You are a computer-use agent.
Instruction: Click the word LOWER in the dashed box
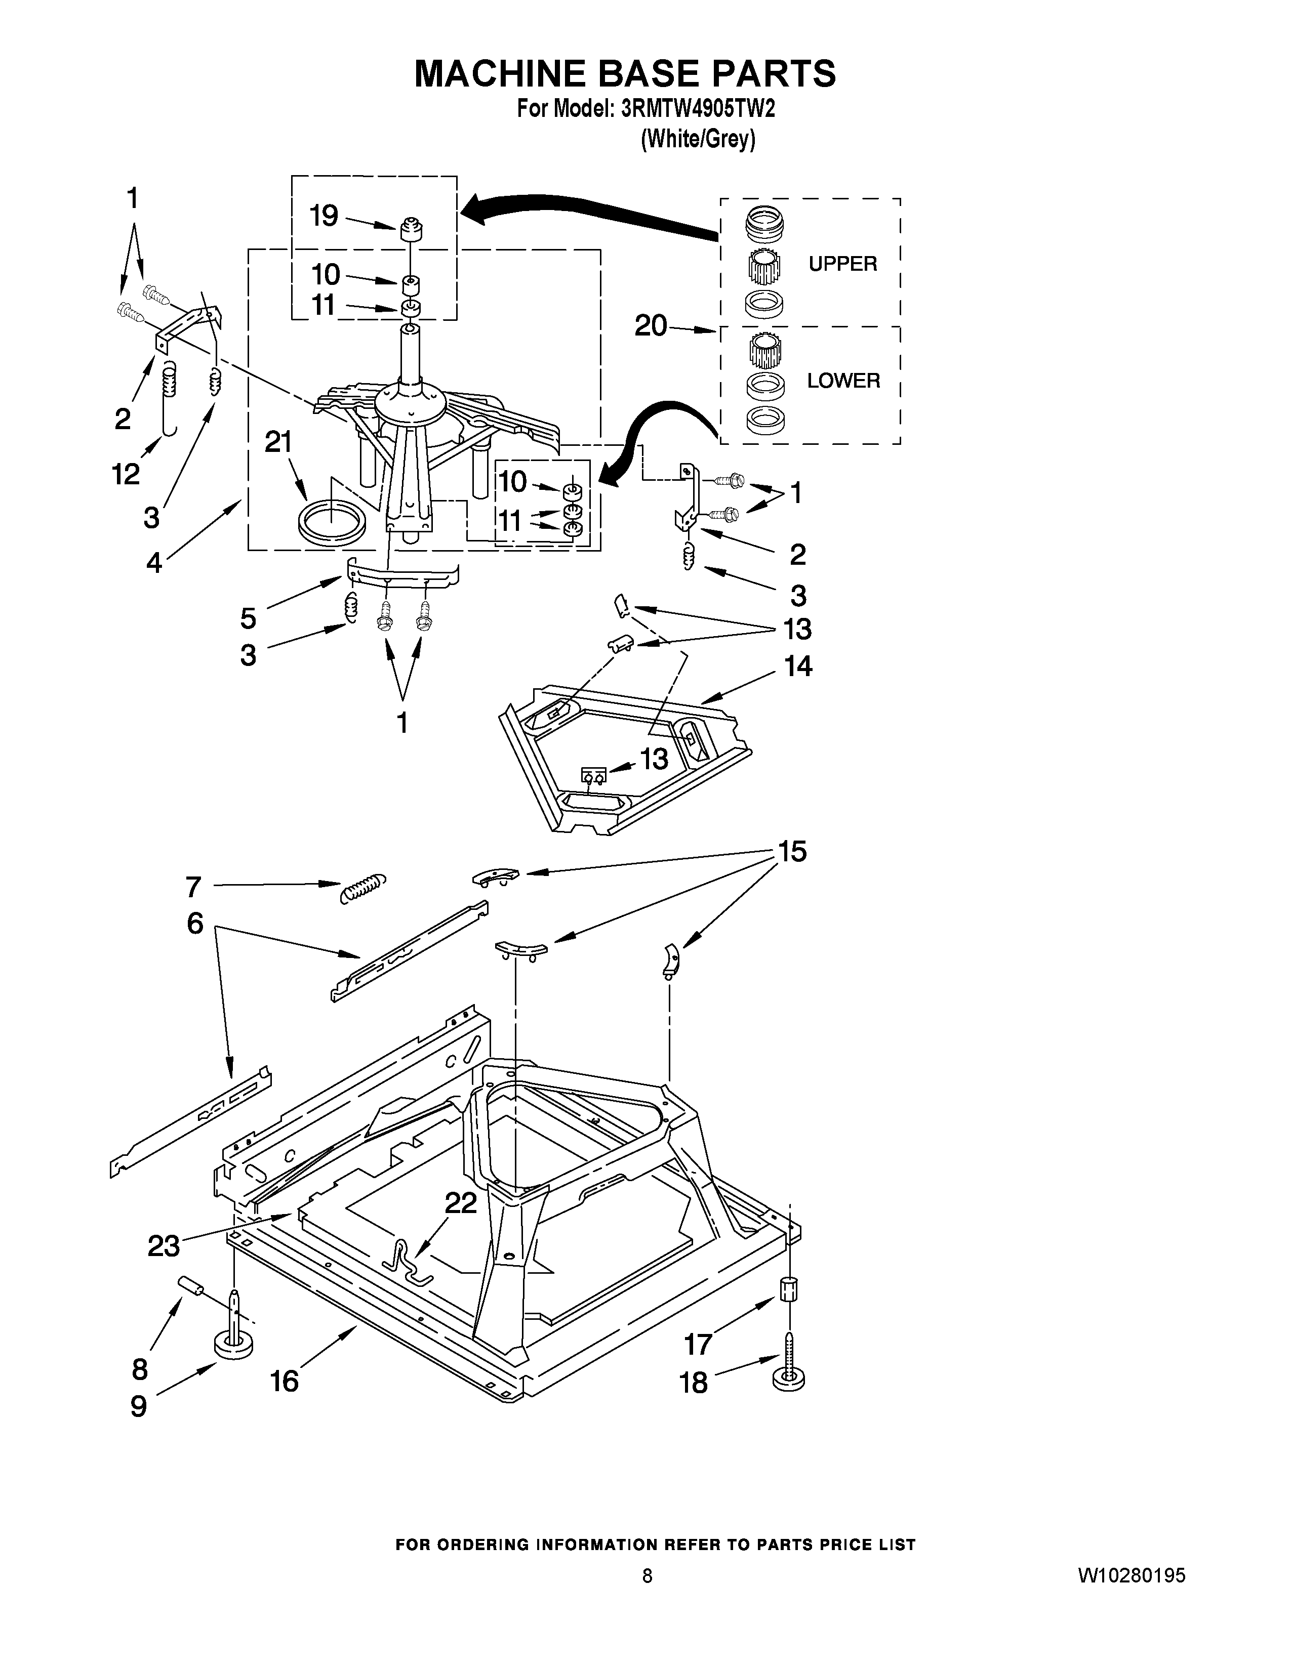click(843, 381)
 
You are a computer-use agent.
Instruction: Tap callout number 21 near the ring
click(279, 442)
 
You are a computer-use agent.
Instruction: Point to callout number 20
click(651, 326)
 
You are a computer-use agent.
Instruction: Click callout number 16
click(285, 1382)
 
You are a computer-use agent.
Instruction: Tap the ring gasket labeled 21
click(331, 521)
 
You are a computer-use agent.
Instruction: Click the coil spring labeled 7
click(362, 888)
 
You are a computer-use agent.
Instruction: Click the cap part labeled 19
click(412, 227)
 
